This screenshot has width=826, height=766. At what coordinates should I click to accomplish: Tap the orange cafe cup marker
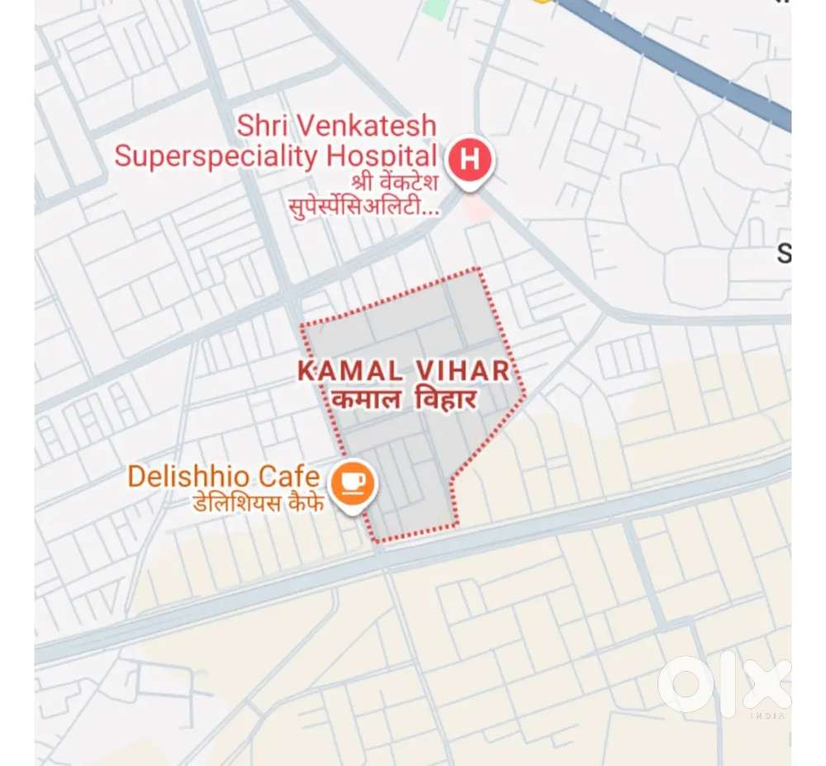[x=353, y=483]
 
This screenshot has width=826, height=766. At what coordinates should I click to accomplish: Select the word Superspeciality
[x=216, y=155]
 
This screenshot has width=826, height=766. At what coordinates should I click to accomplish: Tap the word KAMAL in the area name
[x=347, y=371]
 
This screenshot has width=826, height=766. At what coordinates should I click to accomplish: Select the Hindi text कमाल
[x=361, y=401]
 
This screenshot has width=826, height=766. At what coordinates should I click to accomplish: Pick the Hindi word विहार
[x=447, y=401]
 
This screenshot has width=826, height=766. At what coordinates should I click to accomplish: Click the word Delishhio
[x=189, y=476]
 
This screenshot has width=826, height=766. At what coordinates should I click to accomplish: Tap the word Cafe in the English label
[x=288, y=476]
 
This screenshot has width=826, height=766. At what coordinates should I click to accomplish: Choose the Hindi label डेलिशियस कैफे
[x=259, y=502]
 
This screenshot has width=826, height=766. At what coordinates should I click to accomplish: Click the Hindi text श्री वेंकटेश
[x=388, y=182]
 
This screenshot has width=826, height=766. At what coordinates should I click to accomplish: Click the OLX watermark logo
[x=724, y=685]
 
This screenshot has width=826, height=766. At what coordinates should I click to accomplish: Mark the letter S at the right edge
[x=783, y=254]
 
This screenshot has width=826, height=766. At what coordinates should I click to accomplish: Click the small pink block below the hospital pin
[x=475, y=207]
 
